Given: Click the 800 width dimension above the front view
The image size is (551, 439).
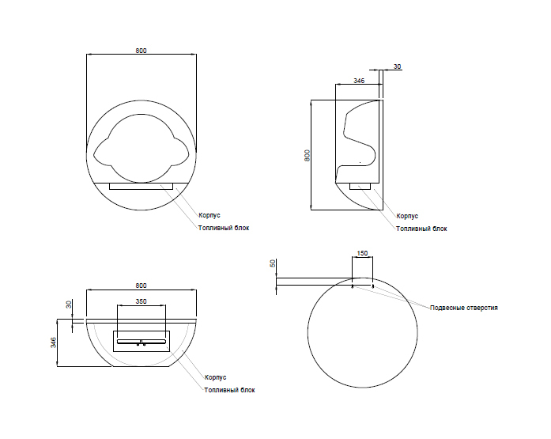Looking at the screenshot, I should click(141, 51).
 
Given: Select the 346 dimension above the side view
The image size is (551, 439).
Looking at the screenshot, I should click(358, 81).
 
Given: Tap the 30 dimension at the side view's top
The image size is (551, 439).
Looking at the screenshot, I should click(397, 66).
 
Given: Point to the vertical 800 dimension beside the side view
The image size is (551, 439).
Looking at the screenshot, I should click(307, 155).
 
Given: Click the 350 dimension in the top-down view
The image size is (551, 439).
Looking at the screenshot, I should click(141, 301).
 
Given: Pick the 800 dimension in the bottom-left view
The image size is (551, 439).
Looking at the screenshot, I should click(141, 286).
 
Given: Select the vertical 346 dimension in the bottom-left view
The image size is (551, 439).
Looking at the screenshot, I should click(53, 342).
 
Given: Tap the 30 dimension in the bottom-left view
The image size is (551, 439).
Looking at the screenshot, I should click(69, 304).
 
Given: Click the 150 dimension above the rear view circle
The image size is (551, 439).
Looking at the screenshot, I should click(362, 253).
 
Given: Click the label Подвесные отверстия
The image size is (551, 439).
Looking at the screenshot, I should click(463, 307).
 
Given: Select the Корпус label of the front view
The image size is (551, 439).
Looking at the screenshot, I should click(209, 214).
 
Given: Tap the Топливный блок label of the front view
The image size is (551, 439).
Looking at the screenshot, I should click(223, 228).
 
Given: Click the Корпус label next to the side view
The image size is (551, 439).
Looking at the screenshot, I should click(406, 215).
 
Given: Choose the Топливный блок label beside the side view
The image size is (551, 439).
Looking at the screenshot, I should click(421, 229).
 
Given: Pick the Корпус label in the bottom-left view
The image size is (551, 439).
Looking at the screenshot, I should click(215, 377).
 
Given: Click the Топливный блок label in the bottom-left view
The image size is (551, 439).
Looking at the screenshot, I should click(229, 390).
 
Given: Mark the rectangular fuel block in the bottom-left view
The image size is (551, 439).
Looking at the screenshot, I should click(141, 342).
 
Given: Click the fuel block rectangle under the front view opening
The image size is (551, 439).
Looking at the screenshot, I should click(141, 187).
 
